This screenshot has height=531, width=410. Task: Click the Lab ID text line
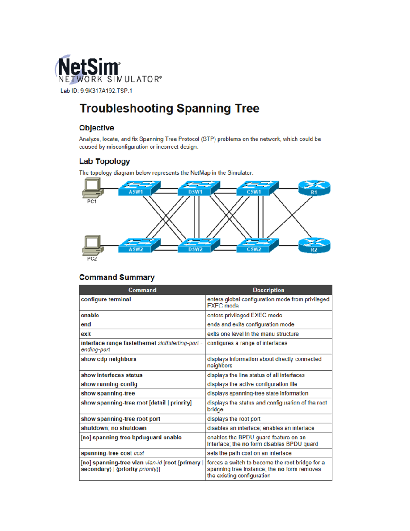pos(96,91)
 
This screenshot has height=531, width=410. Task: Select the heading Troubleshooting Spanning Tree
pos(169,108)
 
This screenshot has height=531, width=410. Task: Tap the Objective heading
pos(97,128)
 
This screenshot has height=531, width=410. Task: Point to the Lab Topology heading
pos(105,161)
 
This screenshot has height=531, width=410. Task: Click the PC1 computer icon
pos(92,188)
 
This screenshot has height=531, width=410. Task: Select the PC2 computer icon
pos(92,245)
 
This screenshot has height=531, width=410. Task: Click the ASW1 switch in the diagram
pos(139,188)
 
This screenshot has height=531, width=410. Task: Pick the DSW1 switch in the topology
pos(198,188)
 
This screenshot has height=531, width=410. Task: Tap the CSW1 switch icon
pos(257,188)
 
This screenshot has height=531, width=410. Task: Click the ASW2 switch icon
pos(139,245)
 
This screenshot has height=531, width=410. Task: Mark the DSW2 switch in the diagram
pos(198,245)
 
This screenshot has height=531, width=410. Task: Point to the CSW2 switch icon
pos(257,245)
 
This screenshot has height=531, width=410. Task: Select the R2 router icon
pos(314,245)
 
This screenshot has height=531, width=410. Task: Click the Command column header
pos(142,290)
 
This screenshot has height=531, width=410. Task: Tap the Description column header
pos(269,290)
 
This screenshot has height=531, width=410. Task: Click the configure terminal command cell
pos(106,300)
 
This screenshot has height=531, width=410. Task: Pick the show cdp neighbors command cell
pos(109,359)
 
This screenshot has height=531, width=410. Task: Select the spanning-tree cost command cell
pos(112,453)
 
